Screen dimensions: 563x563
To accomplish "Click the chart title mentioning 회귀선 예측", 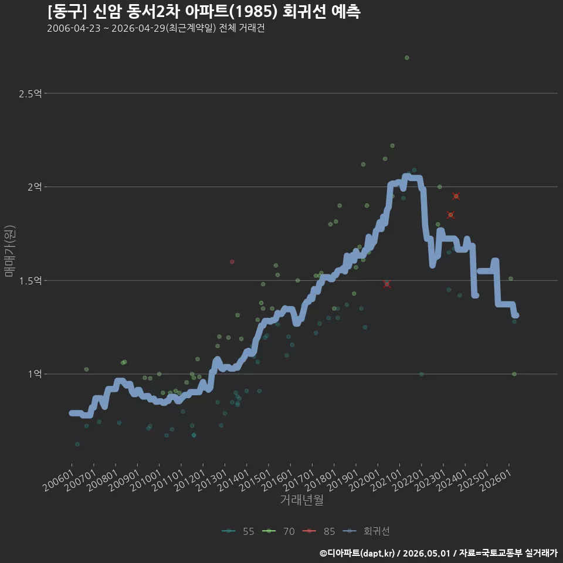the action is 204,11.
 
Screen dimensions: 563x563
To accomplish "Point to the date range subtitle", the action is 156,28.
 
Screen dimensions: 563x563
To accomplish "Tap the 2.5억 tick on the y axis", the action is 30,94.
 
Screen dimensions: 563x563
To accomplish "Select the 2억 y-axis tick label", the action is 35,186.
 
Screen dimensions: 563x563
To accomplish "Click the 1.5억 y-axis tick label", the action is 30,280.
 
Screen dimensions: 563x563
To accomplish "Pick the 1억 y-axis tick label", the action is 35,374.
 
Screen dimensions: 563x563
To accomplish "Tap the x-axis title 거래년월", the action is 301,500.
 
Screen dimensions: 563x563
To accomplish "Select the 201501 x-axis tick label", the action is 255,480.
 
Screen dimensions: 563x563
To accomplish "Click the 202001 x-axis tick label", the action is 364,480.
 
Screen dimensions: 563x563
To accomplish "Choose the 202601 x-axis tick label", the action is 496,480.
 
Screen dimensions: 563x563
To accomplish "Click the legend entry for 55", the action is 238,531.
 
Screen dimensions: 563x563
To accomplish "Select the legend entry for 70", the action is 278,531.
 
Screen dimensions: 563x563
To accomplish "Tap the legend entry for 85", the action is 319,531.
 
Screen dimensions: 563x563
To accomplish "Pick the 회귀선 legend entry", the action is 366,531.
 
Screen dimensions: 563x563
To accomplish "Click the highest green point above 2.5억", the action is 407,58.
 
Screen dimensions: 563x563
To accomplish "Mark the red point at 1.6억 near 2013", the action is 232,262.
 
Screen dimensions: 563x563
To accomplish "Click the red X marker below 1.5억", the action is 386,284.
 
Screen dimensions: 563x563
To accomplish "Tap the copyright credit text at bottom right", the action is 439,553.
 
